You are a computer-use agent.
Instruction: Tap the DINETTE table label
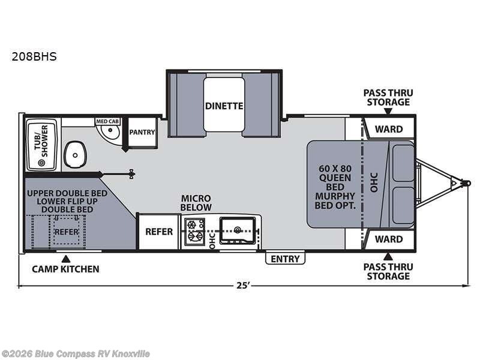pyautogui.click(x=224, y=106)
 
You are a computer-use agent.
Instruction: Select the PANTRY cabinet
pyautogui.click(x=142, y=132)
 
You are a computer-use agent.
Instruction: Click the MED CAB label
pyautogui.click(x=108, y=121)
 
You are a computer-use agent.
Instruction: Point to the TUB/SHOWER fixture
pyautogui.click(x=41, y=142)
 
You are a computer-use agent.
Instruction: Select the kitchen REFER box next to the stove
pyautogui.click(x=159, y=232)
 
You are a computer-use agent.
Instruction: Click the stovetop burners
pyautogui.click(x=195, y=232)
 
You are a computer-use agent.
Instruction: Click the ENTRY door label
pyautogui.click(x=286, y=259)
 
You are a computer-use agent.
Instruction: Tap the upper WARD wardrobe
pyautogui.click(x=388, y=128)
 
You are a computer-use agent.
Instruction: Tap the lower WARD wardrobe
pyautogui.click(x=388, y=239)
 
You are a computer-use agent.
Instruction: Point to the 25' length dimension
pyautogui.click(x=242, y=286)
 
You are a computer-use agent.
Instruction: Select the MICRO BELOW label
pyautogui.click(x=197, y=203)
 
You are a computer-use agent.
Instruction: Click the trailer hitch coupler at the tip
pyautogui.click(x=463, y=181)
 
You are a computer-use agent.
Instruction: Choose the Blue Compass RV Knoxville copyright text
pyautogui.click(x=76, y=353)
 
